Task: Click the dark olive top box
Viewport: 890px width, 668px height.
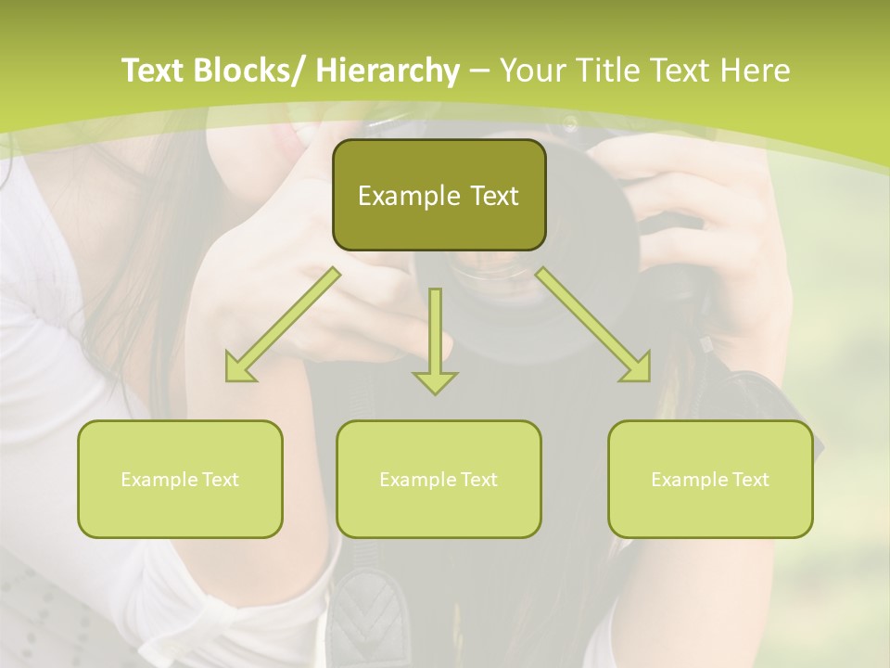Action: [x=439, y=195]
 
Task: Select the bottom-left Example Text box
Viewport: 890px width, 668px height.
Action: [x=180, y=479]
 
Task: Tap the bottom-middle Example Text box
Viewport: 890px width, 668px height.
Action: [x=439, y=479]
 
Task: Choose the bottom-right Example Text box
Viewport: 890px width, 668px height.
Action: [x=710, y=479]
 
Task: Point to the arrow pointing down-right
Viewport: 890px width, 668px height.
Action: [x=594, y=326]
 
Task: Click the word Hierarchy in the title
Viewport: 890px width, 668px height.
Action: [x=388, y=71]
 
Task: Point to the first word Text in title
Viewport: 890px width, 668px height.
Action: [x=153, y=71]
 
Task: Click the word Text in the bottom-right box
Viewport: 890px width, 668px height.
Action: [x=749, y=480]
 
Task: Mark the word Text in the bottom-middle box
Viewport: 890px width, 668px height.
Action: [x=477, y=480]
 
